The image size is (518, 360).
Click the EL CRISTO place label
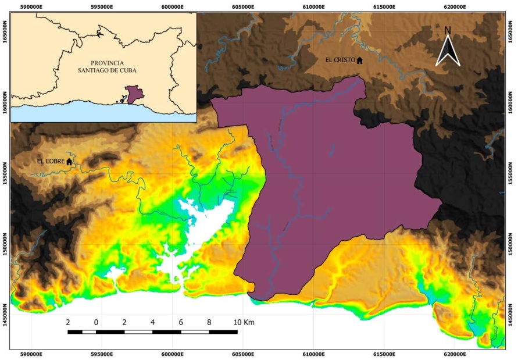click(x=340, y=60)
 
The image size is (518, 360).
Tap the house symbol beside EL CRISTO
click(x=359, y=60)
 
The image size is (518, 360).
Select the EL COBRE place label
click(x=50, y=161)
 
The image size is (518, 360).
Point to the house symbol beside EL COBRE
click(x=69, y=161)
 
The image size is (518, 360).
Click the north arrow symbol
click(x=448, y=51)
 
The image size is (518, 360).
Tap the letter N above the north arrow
click(x=448, y=30)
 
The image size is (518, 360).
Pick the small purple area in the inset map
click(x=135, y=94)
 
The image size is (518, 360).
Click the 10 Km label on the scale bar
click(x=244, y=322)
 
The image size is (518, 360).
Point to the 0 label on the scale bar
click(x=96, y=322)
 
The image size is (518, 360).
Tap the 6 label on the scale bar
click(x=181, y=322)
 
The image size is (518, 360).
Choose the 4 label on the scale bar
click(x=152, y=322)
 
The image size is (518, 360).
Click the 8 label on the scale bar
click(x=209, y=322)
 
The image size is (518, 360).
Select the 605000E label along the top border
click(x=243, y=7)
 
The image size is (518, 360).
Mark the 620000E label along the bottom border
click(x=455, y=354)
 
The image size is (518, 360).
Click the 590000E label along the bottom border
click(x=31, y=354)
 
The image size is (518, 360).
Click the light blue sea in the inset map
click(x=70, y=113)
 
